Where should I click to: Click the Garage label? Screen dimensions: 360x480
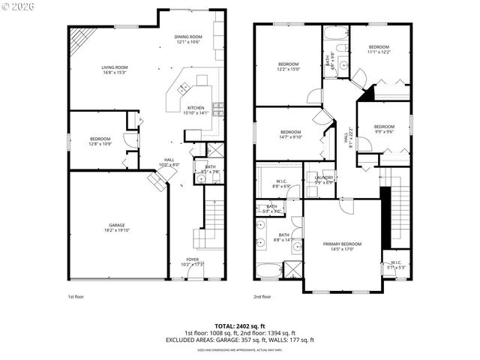coord(116,227)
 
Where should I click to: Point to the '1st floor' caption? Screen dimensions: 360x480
coord(76,297)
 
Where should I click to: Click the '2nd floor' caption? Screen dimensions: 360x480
coord(262,297)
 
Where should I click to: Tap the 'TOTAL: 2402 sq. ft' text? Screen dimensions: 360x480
coord(239,326)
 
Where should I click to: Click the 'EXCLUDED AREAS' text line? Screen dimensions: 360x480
coord(239,340)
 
